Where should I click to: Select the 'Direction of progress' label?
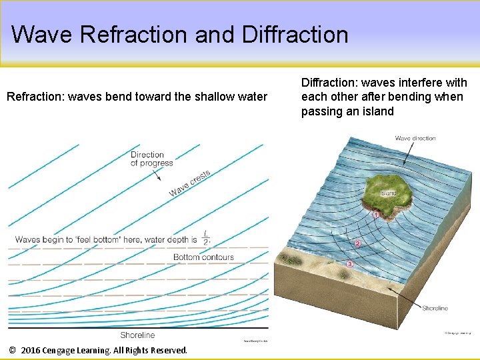tap(151, 159)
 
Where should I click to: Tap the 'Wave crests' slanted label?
tap(190, 183)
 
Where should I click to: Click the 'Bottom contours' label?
tap(203, 257)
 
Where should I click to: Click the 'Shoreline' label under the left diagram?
tap(137, 335)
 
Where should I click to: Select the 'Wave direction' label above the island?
tap(415, 138)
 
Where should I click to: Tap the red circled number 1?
tap(376, 215)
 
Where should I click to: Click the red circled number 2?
tap(358, 244)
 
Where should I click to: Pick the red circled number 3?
tap(350, 265)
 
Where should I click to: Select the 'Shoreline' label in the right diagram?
tap(435, 308)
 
